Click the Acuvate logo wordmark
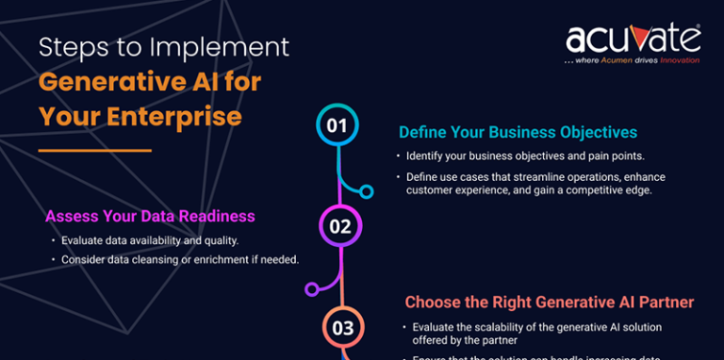click(x=633, y=39)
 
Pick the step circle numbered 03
click(x=342, y=327)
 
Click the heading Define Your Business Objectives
click(x=518, y=132)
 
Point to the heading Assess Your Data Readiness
click(x=150, y=216)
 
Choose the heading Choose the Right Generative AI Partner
click(x=550, y=303)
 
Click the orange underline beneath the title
click(x=95, y=150)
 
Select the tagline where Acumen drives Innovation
click(x=632, y=60)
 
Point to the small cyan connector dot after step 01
click(x=367, y=191)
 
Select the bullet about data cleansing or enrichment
click(x=180, y=259)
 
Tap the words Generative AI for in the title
click(x=150, y=82)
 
